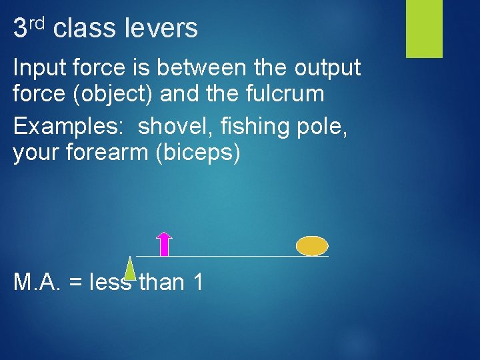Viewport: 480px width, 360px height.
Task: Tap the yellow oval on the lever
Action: click(x=312, y=246)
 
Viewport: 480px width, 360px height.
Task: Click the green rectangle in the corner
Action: click(x=425, y=29)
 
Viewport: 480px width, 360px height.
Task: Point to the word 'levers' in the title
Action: click(x=162, y=29)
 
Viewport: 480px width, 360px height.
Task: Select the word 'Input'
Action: click(x=37, y=68)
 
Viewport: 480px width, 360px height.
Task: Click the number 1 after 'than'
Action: click(x=198, y=283)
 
